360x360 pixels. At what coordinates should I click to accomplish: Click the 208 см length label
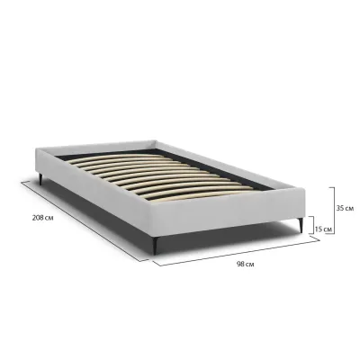(x=43, y=218)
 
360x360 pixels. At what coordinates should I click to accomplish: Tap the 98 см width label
(x=245, y=265)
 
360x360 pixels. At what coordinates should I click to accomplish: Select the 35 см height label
(x=345, y=208)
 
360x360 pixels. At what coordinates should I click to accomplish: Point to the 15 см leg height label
(x=323, y=229)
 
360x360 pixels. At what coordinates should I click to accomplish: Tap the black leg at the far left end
(x=40, y=179)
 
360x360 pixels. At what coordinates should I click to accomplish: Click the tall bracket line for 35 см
(x=334, y=210)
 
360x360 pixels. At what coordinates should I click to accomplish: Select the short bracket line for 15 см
(x=314, y=225)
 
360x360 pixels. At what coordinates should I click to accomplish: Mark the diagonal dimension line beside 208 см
(x=85, y=221)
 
